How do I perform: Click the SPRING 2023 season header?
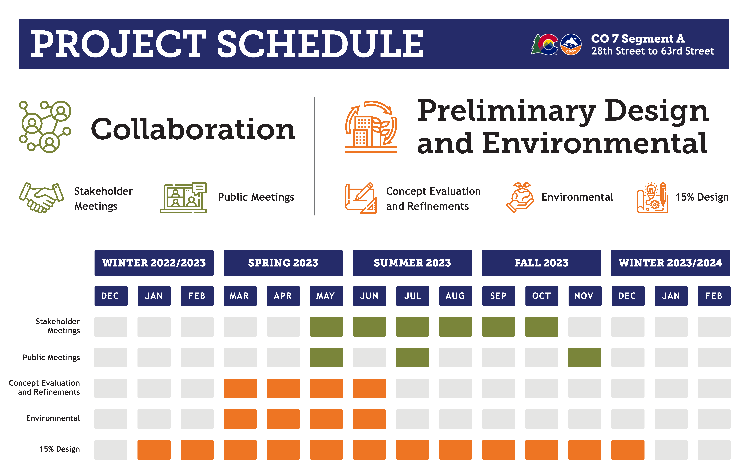tap(283, 263)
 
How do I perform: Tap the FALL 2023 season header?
tap(541, 263)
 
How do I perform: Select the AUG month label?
tap(455, 296)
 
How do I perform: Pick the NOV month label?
tap(585, 296)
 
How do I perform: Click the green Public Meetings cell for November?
tap(585, 357)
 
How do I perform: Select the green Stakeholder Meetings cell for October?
tap(541, 327)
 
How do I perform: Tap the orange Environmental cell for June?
tap(369, 419)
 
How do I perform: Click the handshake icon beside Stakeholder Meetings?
tap(41, 198)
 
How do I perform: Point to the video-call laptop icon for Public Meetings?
tap(183, 198)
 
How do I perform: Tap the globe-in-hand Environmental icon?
tap(520, 198)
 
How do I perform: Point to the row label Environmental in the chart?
tap(53, 418)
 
